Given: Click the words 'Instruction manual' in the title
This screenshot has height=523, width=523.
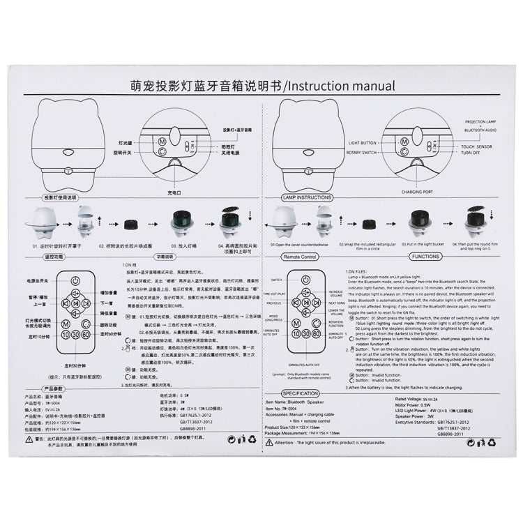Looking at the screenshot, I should point(341,86).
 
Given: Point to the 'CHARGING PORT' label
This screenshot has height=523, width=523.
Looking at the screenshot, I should point(418,192).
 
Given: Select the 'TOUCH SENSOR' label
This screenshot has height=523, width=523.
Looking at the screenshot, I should point(476,147).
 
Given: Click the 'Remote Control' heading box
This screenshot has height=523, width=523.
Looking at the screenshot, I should point(301,257).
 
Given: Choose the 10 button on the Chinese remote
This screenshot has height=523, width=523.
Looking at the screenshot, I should point(65,335).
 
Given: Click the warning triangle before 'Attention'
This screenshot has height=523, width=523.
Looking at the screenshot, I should point(270,443).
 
